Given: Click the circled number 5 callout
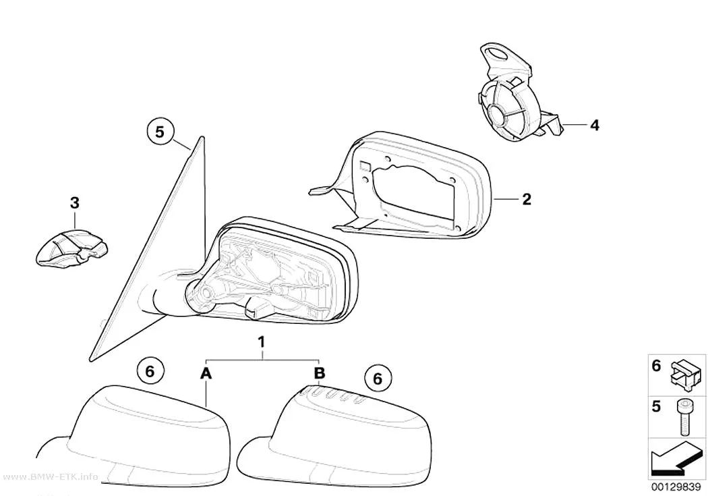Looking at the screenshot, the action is pos(159,132).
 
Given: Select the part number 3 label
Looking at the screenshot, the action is pos(75,203).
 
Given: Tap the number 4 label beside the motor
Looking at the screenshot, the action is pos(595,125).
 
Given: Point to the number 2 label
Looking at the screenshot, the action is pos(527,199).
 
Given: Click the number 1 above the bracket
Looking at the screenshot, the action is pos(261,342).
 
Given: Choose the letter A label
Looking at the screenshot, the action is pos(206,374).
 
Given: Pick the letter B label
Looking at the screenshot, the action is pos(319,373).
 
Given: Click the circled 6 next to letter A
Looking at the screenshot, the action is pos(150,371).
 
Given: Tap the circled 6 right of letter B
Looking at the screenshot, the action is pos(378,378).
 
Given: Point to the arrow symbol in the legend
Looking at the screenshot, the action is pos(676,458).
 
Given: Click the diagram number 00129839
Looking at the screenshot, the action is pos(676,487).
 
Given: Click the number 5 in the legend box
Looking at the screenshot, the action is pos(656,406).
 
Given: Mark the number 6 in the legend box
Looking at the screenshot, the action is pos(656,366).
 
